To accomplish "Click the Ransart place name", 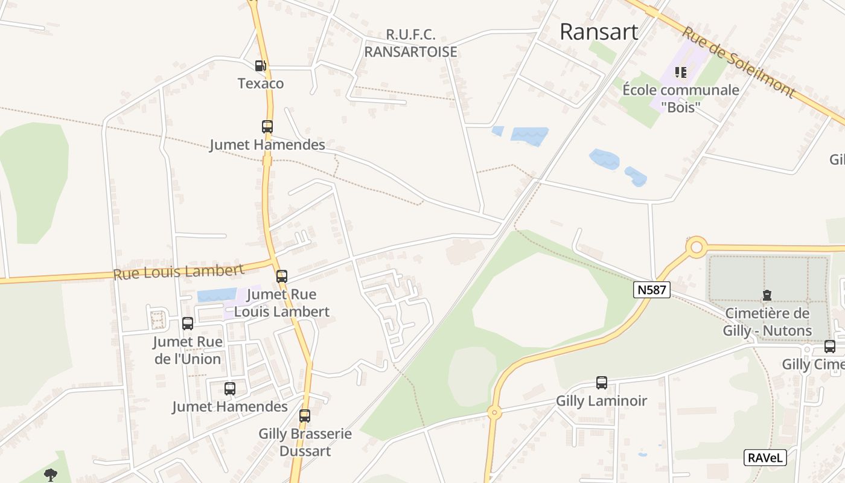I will click(x=599, y=31).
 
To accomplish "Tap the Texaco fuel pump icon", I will click(x=260, y=66).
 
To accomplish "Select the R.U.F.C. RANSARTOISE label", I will click(x=410, y=43).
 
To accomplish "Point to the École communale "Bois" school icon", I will click(x=681, y=73).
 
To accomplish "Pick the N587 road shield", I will click(x=652, y=290).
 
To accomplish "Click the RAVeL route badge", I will click(x=765, y=458).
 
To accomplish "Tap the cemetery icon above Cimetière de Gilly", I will click(x=767, y=295).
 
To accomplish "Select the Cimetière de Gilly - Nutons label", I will click(x=767, y=322).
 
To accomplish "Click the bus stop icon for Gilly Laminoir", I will click(x=601, y=382).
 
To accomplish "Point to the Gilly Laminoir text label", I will click(x=601, y=401).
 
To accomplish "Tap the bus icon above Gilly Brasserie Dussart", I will click(x=305, y=415).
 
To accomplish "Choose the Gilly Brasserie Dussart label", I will click(x=305, y=442).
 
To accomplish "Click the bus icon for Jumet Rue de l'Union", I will click(x=188, y=324).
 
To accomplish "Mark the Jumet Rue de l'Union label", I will click(x=188, y=350).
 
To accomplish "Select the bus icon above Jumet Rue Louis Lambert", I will click(x=282, y=277).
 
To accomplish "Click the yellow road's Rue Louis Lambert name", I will click(x=178, y=271).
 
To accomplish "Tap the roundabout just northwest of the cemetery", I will click(x=697, y=247).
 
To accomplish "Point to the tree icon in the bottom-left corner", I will click(x=50, y=475).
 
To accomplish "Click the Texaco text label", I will click(x=261, y=83).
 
